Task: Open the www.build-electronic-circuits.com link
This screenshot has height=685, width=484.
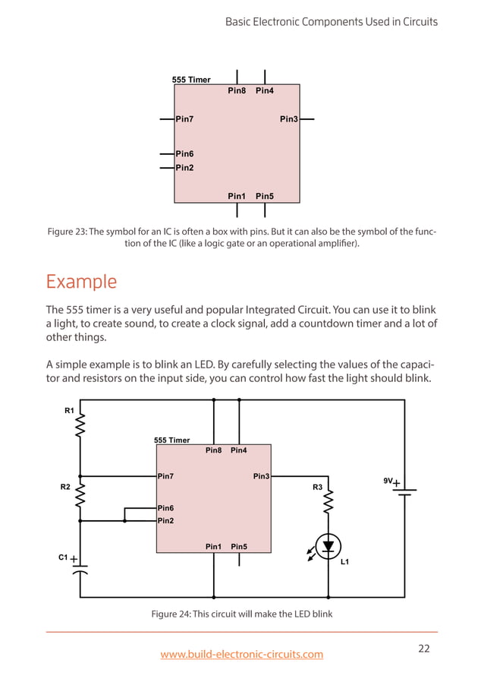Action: click(x=242, y=654)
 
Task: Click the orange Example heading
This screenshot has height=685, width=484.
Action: click(x=81, y=282)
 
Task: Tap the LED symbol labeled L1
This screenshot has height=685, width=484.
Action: click(x=328, y=545)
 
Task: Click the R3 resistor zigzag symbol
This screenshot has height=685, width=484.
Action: click(x=328, y=501)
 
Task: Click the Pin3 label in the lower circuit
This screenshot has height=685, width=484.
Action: click(x=261, y=476)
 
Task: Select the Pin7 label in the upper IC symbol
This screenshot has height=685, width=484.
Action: click(x=184, y=119)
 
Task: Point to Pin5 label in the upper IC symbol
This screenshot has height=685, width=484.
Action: click(x=265, y=196)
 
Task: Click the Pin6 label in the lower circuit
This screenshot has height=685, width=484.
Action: click(x=165, y=507)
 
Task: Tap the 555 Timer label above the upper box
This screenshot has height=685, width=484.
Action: click(x=191, y=80)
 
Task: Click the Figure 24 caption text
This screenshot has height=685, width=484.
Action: click(x=242, y=614)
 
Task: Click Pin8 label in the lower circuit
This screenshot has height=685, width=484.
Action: click(x=214, y=450)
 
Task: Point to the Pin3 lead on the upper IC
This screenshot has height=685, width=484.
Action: click(x=306, y=119)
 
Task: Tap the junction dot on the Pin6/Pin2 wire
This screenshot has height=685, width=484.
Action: click(x=124, y=521)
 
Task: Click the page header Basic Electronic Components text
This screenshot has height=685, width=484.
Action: click(x=332, y=21)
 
